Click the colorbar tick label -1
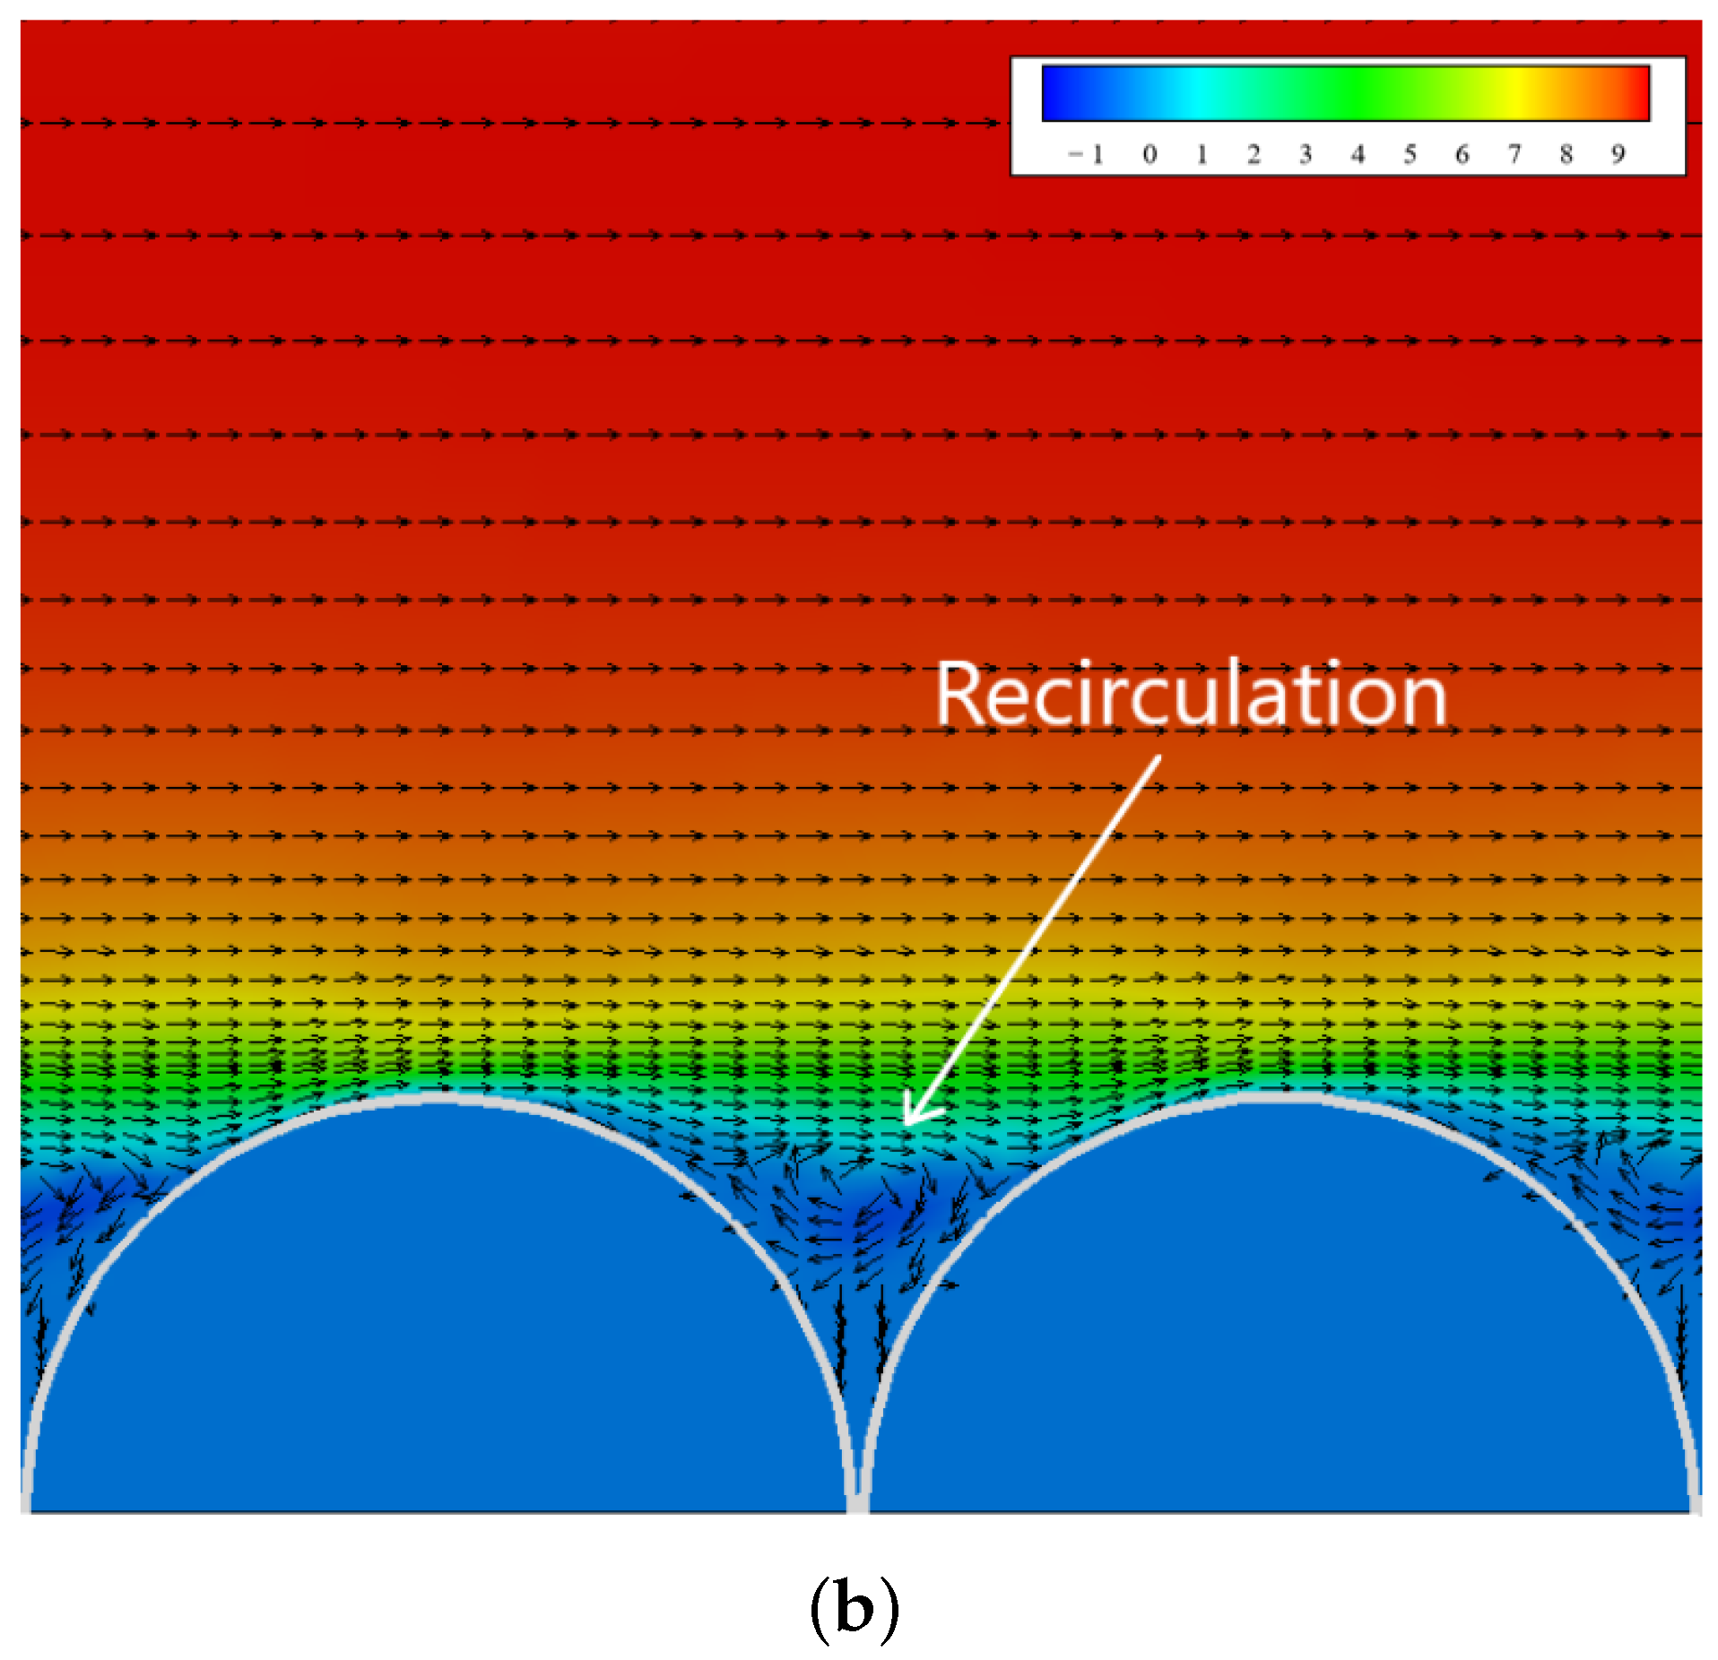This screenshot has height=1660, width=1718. click(x=1086, y=155)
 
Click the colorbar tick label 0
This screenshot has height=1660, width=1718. click(x=1150, y=155)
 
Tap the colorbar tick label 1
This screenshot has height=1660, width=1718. click(x=1202, y=155)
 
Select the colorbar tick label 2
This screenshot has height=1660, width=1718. click(x=1254, y=155)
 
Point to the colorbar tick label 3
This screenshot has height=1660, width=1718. click(x=1306, y=155)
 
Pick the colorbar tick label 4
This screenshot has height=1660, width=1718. click(x=1358, y=155)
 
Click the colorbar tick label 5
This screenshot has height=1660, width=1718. click(x=1410, y=155)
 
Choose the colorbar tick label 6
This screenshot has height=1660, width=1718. click(x=1462, y=155)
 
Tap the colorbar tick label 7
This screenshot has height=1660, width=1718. click(x=1514, y=155)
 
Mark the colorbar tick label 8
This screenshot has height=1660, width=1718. click(x=1566, y=155)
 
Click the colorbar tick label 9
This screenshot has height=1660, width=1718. click(x=1618, y=155)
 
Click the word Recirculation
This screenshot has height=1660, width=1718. click(x=1191, y=696)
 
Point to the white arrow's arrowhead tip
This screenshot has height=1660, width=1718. click(x=906, y=1123)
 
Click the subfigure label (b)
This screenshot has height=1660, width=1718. click(x=854, y=1607)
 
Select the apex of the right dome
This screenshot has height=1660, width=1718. click(x=1278, y=1096)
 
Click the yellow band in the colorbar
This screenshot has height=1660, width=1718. click(x=1517, y=93)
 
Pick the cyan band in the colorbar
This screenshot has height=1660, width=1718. click(x=1197, y=93)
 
